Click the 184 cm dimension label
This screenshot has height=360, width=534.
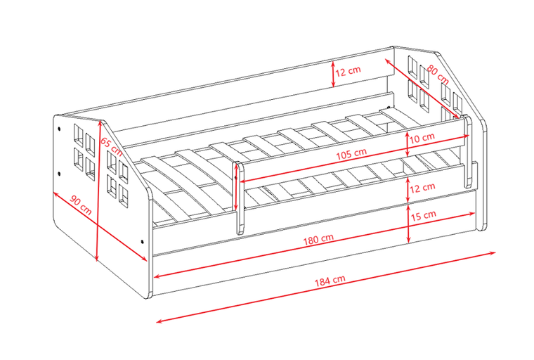(x=330, y=281)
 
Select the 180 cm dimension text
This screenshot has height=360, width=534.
(x=318, y=239)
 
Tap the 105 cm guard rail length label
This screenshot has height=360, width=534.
(x=351, y=154)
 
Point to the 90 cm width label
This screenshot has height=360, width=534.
(x=81, y=205)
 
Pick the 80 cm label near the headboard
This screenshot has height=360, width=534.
(x=438, y=75)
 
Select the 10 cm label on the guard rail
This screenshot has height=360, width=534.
(x=422, y=138)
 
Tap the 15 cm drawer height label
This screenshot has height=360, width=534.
(x=423, y=215)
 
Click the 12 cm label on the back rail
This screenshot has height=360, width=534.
(x=348, y=71)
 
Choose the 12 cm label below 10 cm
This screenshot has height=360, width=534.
(x=422, y=188)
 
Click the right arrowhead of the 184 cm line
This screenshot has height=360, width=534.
(x=493, y=253)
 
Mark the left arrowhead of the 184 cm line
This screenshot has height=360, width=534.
(x=159, y=321)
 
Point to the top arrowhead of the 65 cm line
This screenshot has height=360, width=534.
(x=99, y=124)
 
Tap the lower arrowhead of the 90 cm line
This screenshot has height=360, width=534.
(x=145, y=259)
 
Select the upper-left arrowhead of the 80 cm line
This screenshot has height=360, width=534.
(x=388, y=61)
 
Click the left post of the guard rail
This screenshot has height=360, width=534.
(x=240, y=198)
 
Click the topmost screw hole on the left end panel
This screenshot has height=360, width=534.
(x=59, y=129)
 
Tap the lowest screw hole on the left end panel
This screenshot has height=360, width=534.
(x=142, y=242)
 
